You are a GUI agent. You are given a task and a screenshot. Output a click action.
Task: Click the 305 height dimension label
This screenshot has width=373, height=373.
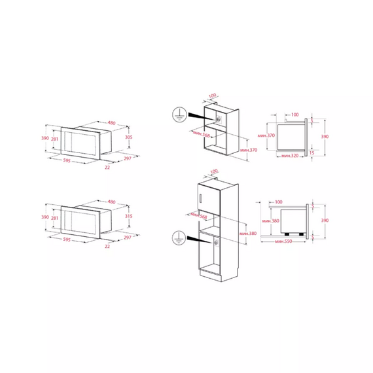point(129,137)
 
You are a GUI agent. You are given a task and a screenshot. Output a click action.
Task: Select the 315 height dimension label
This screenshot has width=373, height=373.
point(129,217)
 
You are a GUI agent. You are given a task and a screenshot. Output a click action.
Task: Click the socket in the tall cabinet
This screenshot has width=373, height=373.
point(216,242)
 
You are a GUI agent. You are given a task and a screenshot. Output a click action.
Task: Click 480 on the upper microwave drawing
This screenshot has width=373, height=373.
point(111,122)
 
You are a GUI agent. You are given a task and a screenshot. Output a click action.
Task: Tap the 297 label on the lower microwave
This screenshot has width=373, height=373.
point(128,238)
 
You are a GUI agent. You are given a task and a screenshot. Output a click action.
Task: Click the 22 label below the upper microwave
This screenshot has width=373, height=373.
point(107,167)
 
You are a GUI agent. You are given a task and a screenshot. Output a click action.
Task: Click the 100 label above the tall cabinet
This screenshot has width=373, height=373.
point(214,171)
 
